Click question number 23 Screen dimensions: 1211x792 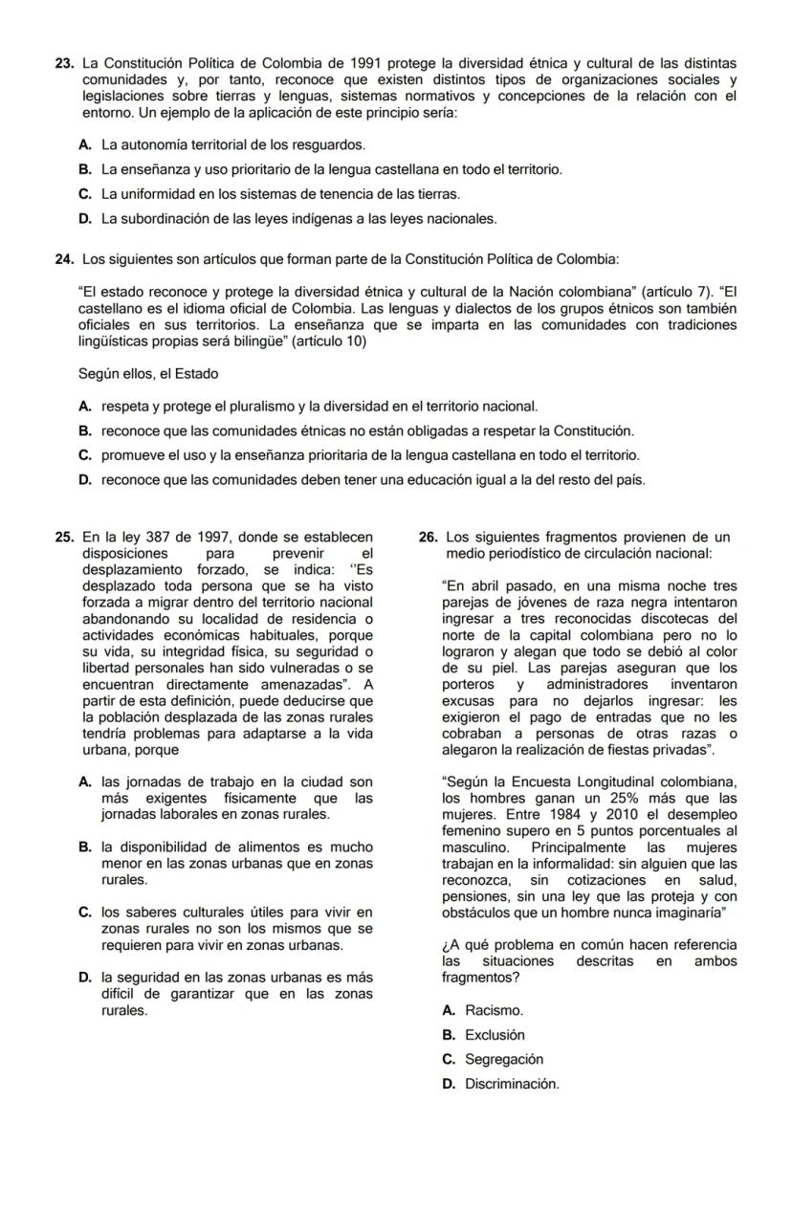click(65, 63)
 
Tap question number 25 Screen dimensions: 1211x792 click(65, 538)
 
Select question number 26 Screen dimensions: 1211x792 click(429, 538)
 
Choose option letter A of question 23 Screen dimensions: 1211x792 click(86, 145)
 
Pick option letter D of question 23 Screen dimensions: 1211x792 click(86, 219)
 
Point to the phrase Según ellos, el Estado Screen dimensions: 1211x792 click(148, 373)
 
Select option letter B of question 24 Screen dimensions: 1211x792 click(86, 431)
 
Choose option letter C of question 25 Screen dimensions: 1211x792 click(86, 912)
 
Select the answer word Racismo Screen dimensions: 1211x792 click(495, 1010)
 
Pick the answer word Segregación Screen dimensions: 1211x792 click(504, 1060)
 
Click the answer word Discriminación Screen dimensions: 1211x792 click(512, 1085)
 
